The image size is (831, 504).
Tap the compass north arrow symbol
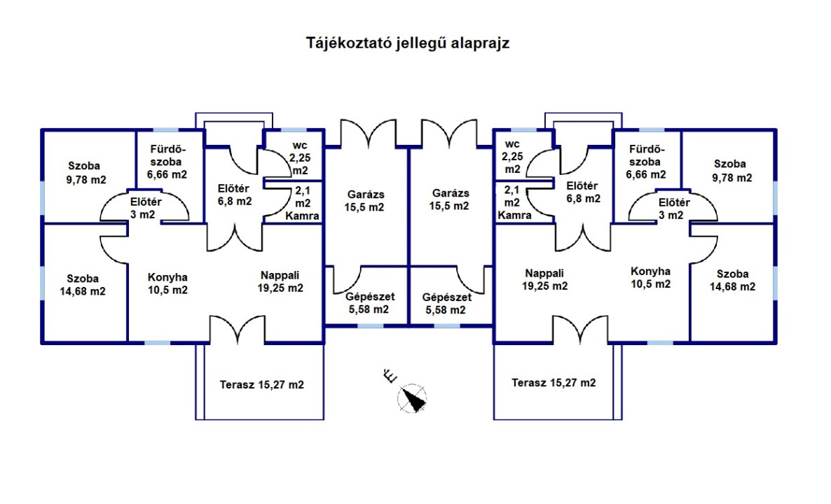pos(413,399)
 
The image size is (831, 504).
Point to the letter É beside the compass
pos(390,377)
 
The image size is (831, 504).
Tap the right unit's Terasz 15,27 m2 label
pos(554,383)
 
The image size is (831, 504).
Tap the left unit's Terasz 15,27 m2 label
pos(262,384)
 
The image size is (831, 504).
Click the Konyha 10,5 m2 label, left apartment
pos(167,283)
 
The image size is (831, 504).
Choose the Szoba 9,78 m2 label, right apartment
pos(729,171)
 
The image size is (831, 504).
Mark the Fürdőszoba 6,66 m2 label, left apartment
pos(167,162)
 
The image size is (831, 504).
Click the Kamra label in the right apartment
pos(515,216)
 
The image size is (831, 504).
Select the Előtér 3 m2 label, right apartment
pos(674,209)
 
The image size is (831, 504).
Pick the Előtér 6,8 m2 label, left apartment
pos(235,194)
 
